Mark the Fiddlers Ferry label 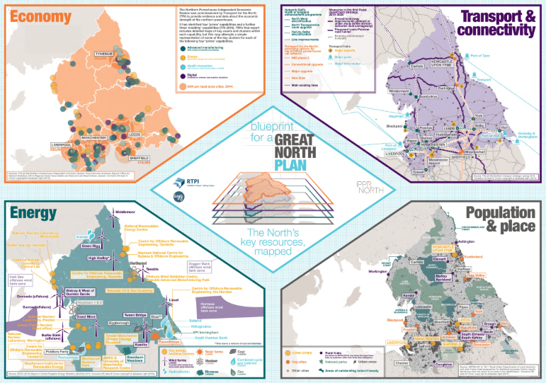pyautogui.click(x=55, y=350)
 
